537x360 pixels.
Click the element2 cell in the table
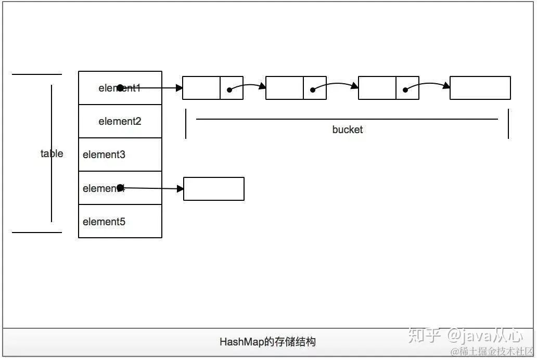tap(120, 121)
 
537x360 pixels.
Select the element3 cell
tap(120, 155)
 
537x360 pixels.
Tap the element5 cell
tap(120, 222)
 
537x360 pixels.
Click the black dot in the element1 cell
tap(120, 88)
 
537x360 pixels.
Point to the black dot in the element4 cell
tap(120, 187)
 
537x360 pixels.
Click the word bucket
tap(347, 130)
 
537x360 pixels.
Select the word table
tap(52, 153)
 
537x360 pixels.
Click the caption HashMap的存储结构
tap(267, 342)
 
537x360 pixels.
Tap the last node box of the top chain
tap(480, 88)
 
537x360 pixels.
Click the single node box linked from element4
tap(214, 189)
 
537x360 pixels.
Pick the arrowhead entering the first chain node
tap(178, 88)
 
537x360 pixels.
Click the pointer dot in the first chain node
tap(229, 90)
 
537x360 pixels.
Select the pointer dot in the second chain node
tap(312, 90)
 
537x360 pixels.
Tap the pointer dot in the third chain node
tap(405, 90)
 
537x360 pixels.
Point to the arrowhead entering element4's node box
tap(180, 189)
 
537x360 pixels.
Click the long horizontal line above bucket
tap(347, 119)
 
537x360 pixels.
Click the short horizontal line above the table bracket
tap(36, 74)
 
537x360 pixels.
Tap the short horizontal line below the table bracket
tap(36, 233)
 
